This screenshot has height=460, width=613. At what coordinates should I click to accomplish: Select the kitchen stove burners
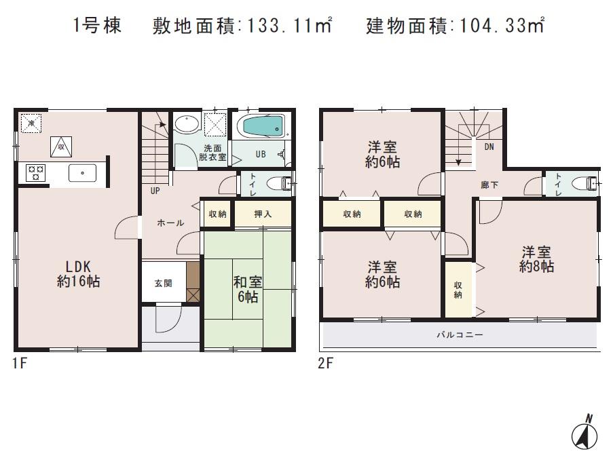click(35, 173)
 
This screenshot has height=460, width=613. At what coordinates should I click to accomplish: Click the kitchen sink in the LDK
click(81, 173)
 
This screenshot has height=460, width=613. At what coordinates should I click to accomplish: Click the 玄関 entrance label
click(163, 282)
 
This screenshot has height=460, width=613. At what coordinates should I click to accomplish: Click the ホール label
click(170, 223)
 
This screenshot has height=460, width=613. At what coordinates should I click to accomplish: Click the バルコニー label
click(460, 334)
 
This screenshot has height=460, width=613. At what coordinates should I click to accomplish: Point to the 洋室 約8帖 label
click(536, 259)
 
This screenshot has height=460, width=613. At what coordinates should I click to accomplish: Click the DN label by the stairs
click(489, 147)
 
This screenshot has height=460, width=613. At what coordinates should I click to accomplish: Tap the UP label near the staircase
click(155, 191)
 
